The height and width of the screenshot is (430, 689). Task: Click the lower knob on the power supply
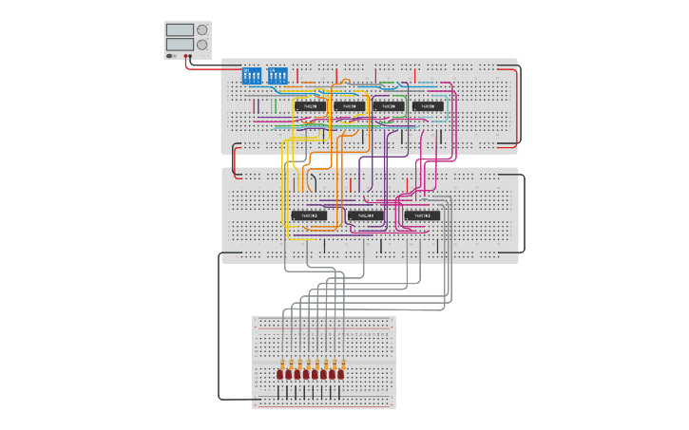click(201, 45)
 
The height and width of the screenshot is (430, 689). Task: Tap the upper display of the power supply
click(179, 30)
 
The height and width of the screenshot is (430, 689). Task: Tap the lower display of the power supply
click(179, 45)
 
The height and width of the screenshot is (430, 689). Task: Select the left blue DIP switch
click(252, 74)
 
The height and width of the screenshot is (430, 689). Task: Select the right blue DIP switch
click(277, 74)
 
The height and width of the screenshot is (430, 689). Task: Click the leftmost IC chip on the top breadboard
click(309, 106)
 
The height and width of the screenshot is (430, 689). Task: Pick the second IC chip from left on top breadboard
click(348, 106)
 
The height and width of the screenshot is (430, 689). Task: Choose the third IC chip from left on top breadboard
click(388, 106)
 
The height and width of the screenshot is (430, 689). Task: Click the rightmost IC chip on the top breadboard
click(428, 106)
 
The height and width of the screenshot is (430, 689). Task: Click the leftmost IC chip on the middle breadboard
click(309, 215)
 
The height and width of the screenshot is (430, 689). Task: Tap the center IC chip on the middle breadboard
click(365, 215)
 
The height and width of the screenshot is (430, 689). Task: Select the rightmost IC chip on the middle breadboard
click(422, 215)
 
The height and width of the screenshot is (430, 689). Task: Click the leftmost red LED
click(280, 375)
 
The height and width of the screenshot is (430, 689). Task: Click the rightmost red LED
click(341, 375)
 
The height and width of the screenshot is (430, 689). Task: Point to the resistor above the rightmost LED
click(341, 362)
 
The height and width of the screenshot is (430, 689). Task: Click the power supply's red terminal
click(186, 56)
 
